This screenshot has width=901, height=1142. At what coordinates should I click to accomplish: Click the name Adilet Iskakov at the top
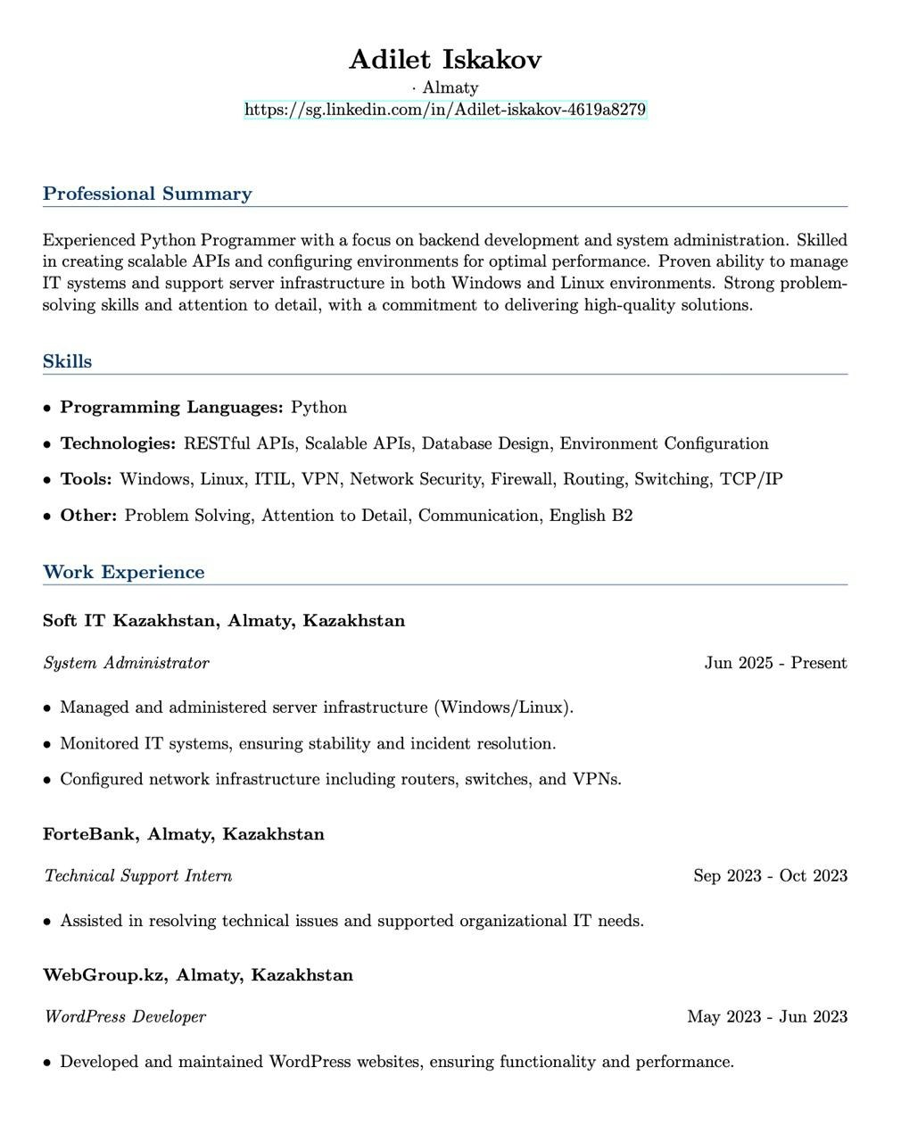[445, 60]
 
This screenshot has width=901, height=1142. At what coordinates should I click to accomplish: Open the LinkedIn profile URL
[445, 110]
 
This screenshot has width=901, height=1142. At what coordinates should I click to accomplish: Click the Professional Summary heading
[147, 194]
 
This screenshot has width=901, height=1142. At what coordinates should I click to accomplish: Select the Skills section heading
[67, 361]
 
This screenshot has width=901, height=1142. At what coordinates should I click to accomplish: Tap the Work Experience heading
[123, 572]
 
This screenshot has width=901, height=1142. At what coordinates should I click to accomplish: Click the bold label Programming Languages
[171, 408]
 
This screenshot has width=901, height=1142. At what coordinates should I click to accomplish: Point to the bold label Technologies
[118, 443]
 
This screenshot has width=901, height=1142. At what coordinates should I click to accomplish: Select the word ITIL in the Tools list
[272, 479]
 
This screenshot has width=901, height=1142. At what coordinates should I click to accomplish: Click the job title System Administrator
[126, 663]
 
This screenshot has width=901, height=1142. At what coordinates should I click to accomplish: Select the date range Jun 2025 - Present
[775, 663]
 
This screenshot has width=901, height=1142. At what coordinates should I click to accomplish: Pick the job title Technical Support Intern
[137, 876]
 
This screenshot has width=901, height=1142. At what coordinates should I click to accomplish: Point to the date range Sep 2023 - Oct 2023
[770, 876]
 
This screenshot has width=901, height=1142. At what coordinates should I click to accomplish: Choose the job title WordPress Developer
[124, 1017]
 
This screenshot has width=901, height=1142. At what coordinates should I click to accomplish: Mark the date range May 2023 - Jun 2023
[767, 1017]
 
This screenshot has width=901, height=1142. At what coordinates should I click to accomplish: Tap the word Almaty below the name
[450, 87]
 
